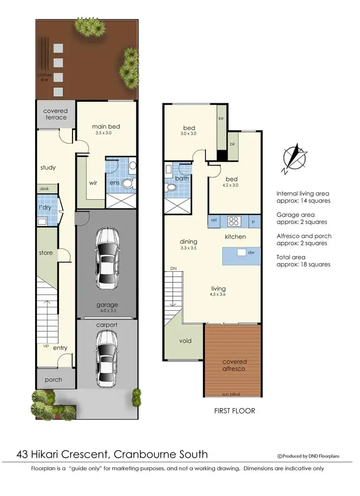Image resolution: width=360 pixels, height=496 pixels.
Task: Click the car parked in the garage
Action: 106,258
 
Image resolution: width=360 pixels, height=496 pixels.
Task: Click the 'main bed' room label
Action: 106,127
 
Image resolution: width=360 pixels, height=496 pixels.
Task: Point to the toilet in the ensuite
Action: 128,183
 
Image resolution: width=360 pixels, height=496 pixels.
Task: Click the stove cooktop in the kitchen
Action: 233,221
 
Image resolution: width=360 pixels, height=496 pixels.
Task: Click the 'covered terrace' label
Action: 55,114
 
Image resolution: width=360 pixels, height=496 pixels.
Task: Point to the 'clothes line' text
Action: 44,77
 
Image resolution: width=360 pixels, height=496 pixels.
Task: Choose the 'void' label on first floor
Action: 185,341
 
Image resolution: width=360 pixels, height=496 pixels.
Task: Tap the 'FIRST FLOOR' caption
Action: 234,411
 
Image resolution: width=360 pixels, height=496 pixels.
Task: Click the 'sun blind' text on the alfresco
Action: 231,394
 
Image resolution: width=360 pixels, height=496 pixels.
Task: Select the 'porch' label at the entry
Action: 53,380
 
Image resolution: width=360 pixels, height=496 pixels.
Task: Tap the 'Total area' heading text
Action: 290,257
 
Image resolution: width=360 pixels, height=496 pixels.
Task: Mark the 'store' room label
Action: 46,253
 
